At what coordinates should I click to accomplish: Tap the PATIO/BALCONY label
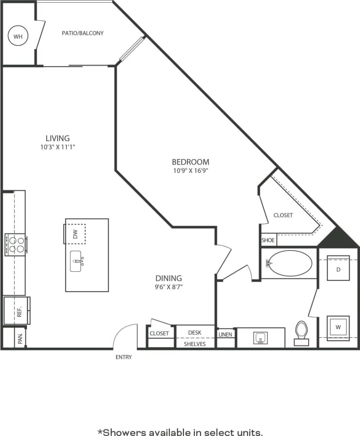tap(83, 34)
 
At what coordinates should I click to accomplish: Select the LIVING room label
tap(58, 138)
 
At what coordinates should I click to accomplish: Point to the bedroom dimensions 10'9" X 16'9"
tap(190, 171)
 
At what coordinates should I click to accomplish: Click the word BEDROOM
tap(190, 162)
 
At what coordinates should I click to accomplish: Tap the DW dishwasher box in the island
tap(75, 234)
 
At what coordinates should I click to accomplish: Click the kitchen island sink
tap(77, 261)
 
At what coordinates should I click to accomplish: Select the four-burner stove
tap(15, 244)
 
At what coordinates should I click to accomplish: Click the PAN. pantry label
tap(20, 338)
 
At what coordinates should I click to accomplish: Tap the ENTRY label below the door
tap(124, 357)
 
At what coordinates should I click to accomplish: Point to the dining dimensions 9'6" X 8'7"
tap(168, 287)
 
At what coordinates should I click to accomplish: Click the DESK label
tap(194, 333)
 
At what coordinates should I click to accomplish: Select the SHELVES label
tap(194, 344)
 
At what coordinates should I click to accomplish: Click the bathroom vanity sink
tap(260, 337)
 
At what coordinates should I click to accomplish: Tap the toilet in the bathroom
tap(301, 333)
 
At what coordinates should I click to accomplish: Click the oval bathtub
tap(289, 263)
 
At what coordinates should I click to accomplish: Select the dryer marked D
tap(338, 269)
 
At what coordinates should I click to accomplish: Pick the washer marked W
tap(338, 327)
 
